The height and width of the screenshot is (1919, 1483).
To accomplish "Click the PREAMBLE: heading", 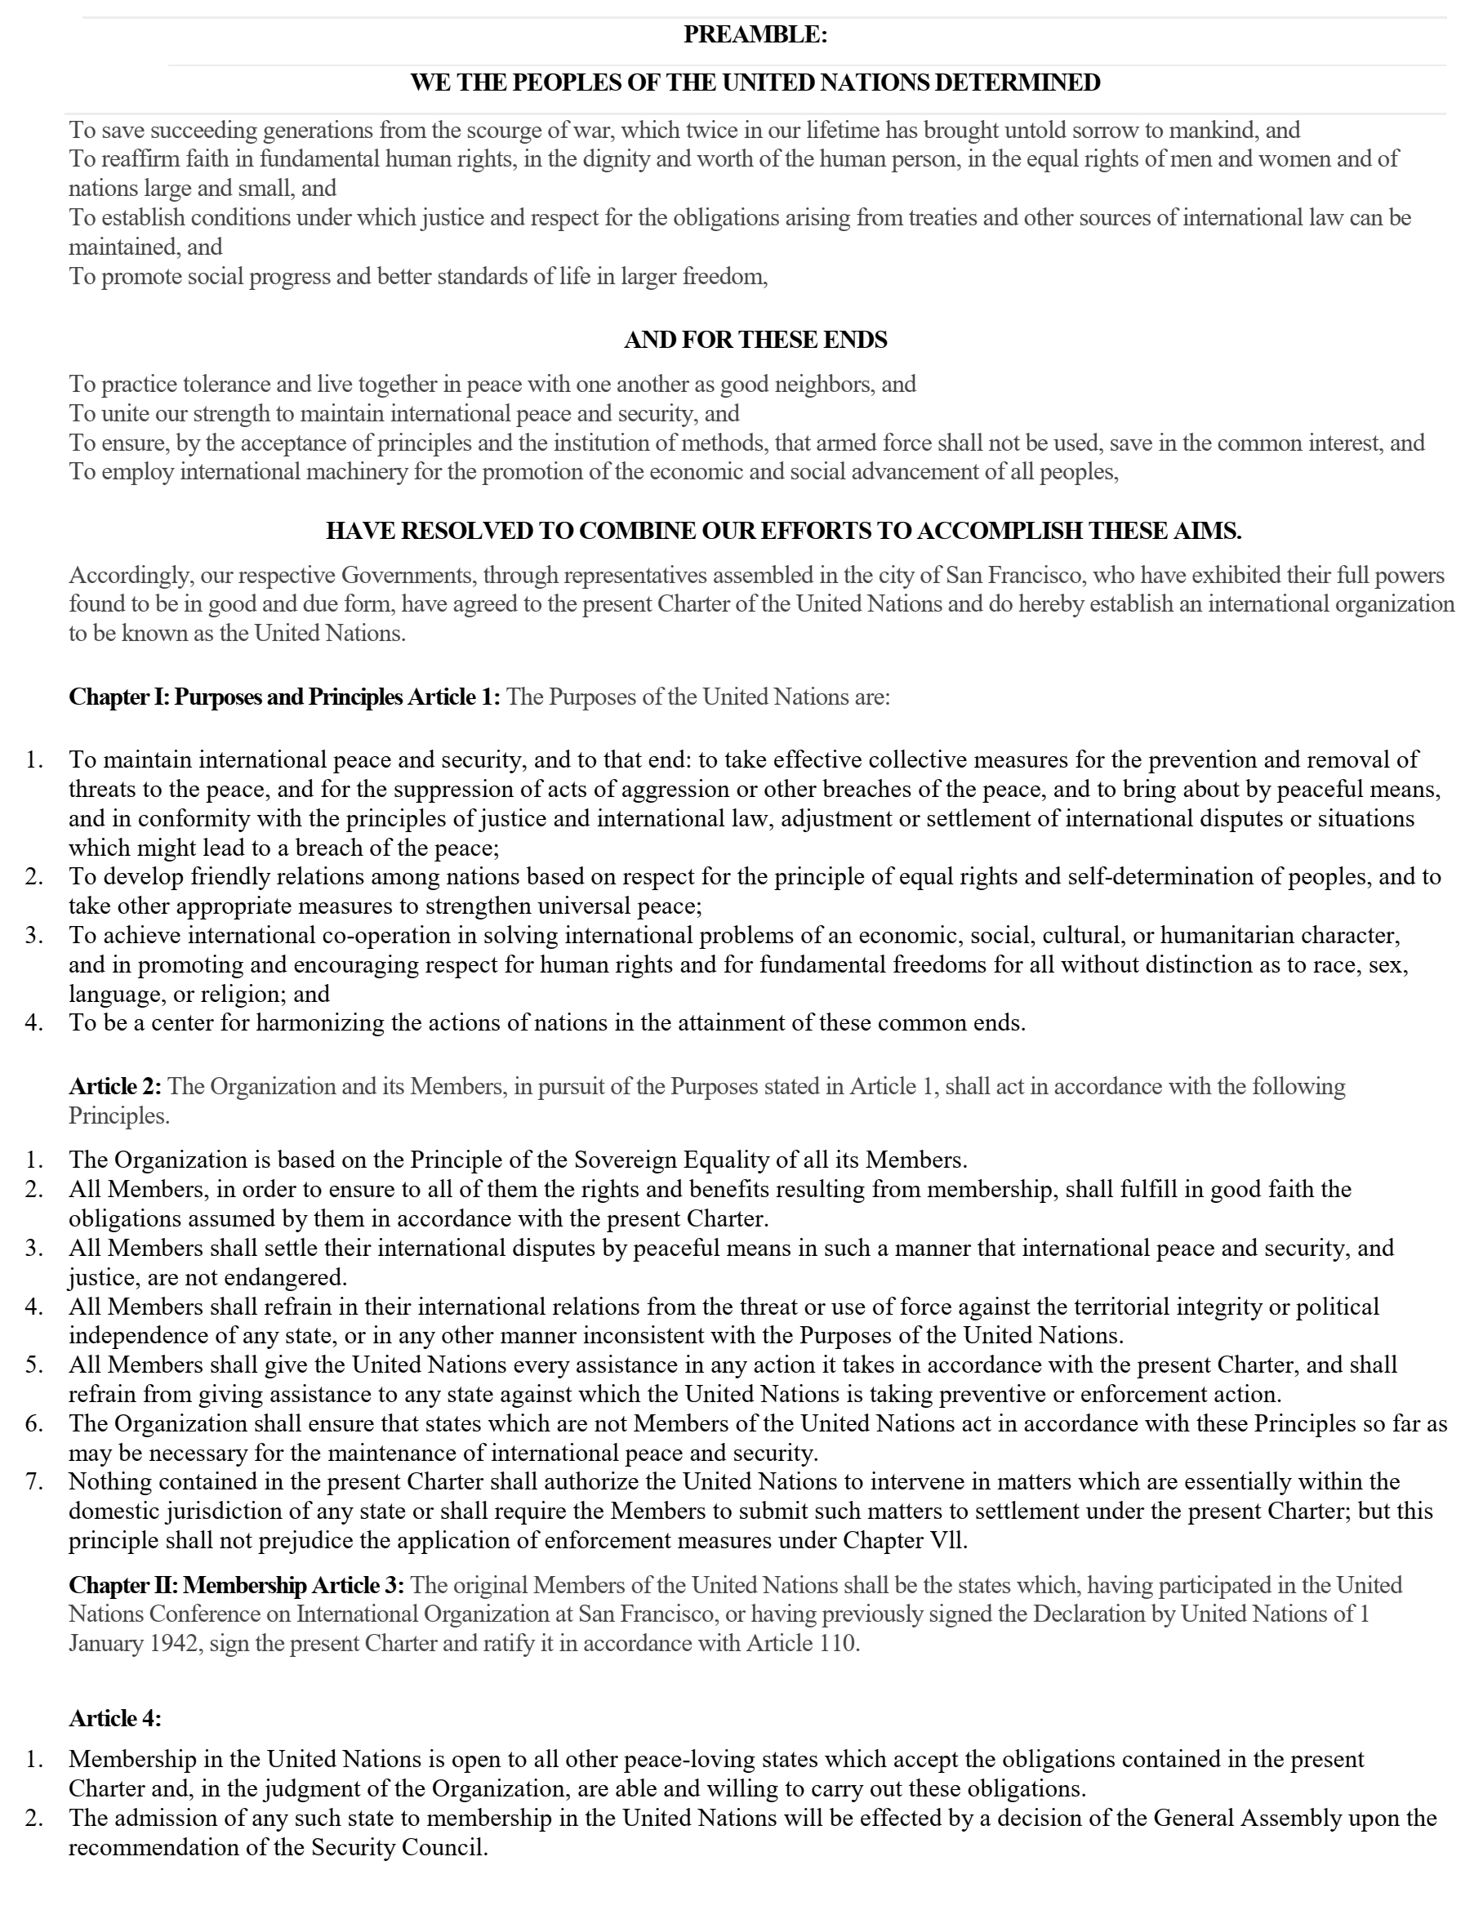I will pos(755,35).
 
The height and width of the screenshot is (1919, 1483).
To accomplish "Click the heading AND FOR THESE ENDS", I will pos(755,340).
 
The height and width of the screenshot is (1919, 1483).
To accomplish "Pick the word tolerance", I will pos(227,385).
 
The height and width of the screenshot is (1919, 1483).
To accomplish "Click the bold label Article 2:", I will pos(115,1087).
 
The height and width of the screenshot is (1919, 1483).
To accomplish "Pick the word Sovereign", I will pos(627,1160).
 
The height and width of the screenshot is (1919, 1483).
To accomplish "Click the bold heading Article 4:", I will pos(115,1718).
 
